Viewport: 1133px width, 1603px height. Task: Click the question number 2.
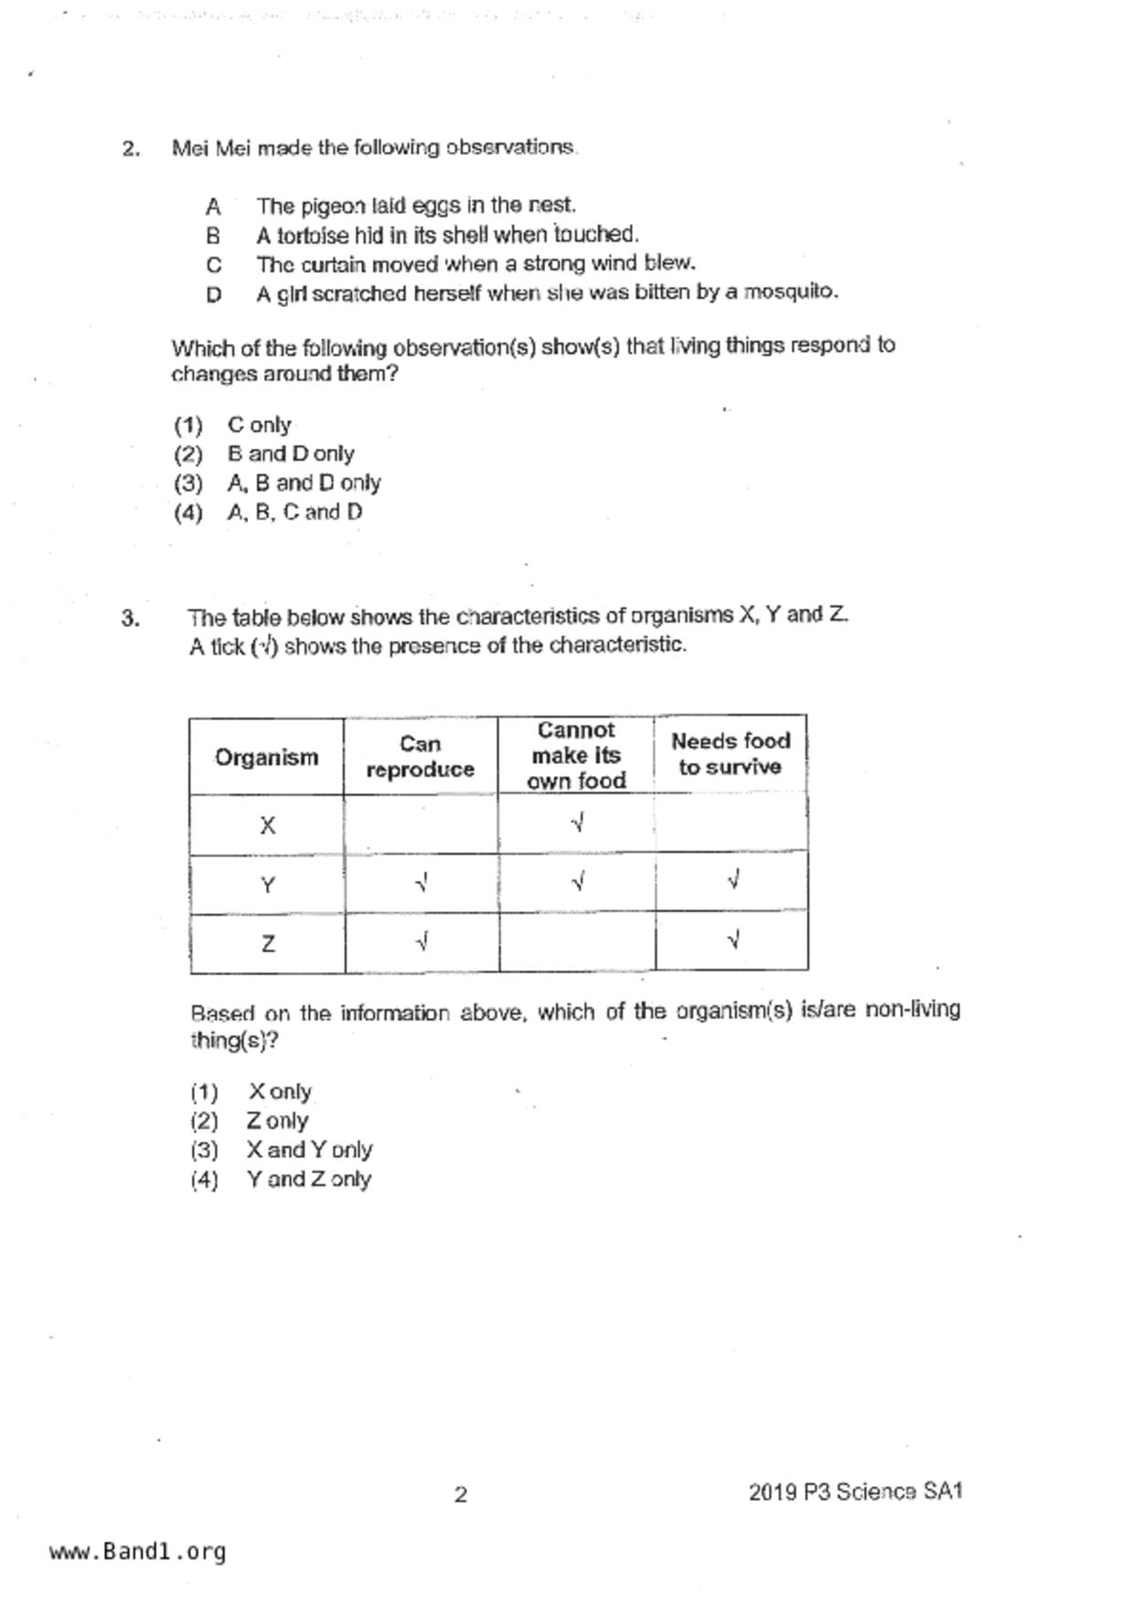pyautogui.click(x=131, y=149)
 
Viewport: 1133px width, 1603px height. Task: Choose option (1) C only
pyautogui.click(x=259, y=425)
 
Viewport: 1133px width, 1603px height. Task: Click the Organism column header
pyautogui.click(x=266, y=757)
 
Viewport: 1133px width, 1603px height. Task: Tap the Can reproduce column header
pyautogui.click(x=421, y=757)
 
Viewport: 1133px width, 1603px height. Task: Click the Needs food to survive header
pyautogui.click(x=730, y=754)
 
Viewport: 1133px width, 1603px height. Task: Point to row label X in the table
pyautogui.click(x=267, y=826)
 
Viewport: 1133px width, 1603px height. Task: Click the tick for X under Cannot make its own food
pyautogui.click(x=577, y=823)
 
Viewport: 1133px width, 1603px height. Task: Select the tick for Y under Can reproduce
pyautogui.click(x=422, y=884)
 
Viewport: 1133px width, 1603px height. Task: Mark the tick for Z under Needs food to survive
pyautogui.click(x=732, y=940)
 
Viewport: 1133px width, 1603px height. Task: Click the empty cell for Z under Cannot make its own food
pyautogui.click(x=577, y=942)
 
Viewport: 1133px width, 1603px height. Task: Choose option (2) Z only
pyautogui.click(x=276, y=1120)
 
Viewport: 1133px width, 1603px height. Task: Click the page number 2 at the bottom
pyautogui.click(x=461, y=1494)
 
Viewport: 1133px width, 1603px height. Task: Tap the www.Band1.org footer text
pyautogui.click(x=137, y=1552)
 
